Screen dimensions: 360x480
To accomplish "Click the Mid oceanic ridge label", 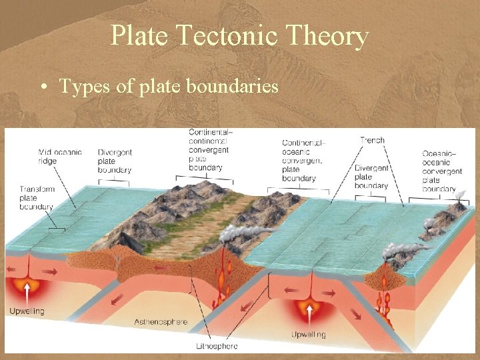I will (x=60, y=157).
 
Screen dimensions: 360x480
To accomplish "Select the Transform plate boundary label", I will (x=37, y=198).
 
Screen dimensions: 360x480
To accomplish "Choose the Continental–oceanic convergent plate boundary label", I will (x=303, y=161).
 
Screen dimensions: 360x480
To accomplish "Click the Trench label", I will (x=372, y=140).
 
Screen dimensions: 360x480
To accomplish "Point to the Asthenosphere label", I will (x=161, y=322).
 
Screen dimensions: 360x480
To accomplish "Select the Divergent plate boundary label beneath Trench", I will (x=372, y=177).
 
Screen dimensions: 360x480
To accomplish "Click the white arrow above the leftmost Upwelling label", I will (x=27, y=291).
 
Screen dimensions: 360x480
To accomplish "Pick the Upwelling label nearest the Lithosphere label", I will (x=308, y=334).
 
